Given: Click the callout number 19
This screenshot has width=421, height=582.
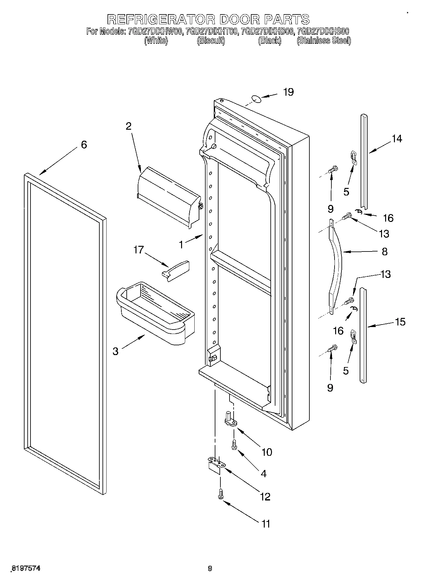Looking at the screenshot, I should pyautogui.click(x=288, y=92).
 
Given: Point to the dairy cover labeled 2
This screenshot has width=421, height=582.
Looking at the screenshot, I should pyautogui.click(x=169, y=196).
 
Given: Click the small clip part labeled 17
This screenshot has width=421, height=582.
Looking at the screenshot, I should pyautogui.click(x=176, y=270).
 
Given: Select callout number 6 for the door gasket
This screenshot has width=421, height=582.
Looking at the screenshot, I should pyautogui.click(x=84, y=145).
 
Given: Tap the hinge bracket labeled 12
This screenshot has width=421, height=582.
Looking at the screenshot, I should pyautogui.click(x=217, y=465).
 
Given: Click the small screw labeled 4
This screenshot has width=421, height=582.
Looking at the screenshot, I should pyautogui.click(x=234, y=445).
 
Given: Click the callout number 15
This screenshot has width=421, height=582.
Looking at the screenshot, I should pyautogui.click(x=400, y=322).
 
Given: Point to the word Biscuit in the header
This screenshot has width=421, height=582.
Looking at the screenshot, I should pyautogui.click(x=211, y=41).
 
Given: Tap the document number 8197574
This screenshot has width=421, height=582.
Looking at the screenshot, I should pyautogui.click(x=26, y=568).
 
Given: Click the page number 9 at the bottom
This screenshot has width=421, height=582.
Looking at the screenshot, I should pyautogui.click(x=210, y=568).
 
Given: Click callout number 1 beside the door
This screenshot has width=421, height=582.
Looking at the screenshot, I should pyautogui.click(x=181, y=245).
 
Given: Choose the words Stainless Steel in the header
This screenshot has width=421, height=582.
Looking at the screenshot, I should pyautogui.click(x=324, y=41).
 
